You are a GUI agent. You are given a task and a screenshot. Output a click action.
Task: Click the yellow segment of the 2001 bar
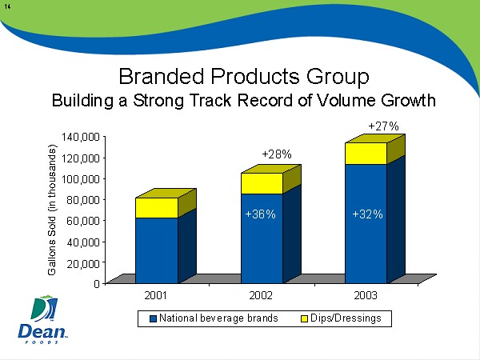point(156,207)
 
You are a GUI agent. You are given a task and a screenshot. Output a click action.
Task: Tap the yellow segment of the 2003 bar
point(366,153)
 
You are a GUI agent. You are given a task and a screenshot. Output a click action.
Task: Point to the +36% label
point(260,214)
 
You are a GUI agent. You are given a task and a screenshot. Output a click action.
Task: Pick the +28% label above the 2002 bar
point(277,154)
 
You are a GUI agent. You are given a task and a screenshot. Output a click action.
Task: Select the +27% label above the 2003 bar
point(383,126)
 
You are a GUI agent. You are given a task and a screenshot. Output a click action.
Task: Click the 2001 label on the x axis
point(156,296)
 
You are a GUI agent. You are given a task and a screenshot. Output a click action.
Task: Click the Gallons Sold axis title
point(52,210)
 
